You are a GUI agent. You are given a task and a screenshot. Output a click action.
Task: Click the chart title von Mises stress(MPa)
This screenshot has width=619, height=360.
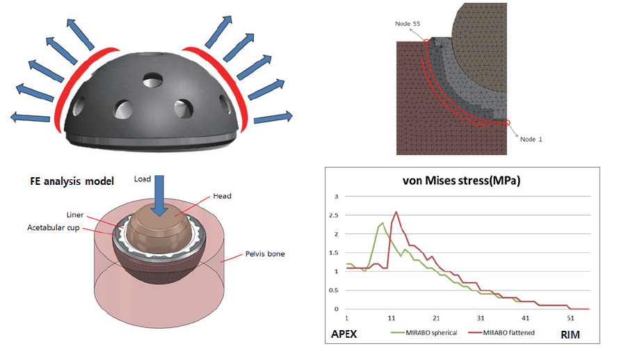point(462,181)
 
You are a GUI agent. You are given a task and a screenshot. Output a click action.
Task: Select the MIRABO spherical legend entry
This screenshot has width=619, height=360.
point(424,333)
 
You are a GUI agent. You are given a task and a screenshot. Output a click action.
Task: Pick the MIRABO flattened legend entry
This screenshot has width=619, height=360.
point(501,333)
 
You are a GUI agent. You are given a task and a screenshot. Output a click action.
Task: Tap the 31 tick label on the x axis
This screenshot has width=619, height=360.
point(481,318)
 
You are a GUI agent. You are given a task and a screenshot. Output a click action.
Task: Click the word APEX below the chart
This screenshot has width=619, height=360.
point(344,334)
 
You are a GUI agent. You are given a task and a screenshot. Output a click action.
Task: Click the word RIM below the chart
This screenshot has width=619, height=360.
point(570,335)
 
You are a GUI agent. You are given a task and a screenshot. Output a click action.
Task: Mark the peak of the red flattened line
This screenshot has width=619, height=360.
point(396,212)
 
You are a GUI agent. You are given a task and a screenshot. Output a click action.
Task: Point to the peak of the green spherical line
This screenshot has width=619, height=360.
point(382,223)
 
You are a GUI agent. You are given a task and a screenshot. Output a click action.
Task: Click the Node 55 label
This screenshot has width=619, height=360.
point(408,24)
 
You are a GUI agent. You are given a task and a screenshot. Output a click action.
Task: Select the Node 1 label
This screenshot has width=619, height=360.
point(531,139)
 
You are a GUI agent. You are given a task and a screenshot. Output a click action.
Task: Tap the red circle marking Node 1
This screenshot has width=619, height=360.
point(508,123)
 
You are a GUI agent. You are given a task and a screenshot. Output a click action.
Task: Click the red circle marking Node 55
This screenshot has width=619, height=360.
point(426,42)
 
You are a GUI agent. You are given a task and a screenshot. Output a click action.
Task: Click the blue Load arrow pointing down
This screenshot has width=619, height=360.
point(159,196)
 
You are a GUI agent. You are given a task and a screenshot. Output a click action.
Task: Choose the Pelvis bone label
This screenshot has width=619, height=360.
point(265,254)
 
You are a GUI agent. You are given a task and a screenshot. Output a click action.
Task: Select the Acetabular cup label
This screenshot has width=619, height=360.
point(54,228)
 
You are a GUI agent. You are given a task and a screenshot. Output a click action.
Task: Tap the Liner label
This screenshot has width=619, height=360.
point(75,215)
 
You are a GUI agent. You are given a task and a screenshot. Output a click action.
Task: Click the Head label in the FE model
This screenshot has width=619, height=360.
point(223,196)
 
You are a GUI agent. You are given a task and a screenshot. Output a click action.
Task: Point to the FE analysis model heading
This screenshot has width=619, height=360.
point(72,181)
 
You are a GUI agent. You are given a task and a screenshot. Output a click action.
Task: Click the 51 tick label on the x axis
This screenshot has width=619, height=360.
point(570,318)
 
